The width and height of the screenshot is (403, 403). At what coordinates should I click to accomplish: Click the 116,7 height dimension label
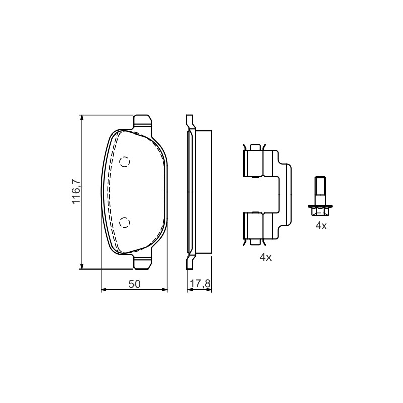77,192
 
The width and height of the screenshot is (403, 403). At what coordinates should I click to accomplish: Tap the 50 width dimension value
135,284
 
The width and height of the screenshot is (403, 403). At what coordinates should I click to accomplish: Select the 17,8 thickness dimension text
200,284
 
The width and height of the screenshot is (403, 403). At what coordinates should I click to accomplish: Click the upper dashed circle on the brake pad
125,162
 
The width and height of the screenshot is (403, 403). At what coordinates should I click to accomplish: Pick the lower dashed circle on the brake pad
125,222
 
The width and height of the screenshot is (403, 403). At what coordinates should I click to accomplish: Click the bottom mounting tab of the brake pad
142,262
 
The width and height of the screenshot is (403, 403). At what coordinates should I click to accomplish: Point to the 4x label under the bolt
321,226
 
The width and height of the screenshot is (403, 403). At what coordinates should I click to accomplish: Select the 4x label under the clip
265,257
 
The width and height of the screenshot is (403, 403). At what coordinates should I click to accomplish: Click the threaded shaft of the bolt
320,191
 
